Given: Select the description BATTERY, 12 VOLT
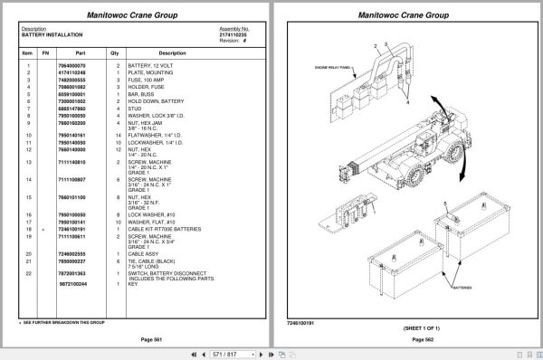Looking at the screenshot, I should pyautogui.click(x=150, y=66).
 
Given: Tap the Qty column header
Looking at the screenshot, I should pyautogui.click(x=115, y=52).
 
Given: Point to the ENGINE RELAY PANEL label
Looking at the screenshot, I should pyautogui.click(x=335, y=67).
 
